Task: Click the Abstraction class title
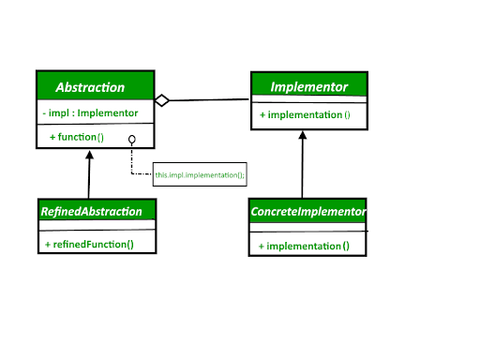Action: tap(90, 87)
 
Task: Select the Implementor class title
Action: tap(308, 87)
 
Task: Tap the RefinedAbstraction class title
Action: tap(92, 212)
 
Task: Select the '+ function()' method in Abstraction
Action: tap(76, 137)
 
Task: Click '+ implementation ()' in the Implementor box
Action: tap(305, 114)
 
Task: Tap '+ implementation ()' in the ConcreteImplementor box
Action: tap(305, 247)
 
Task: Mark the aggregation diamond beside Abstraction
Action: tap(161, 100)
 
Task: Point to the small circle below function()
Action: tap(132, 139)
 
